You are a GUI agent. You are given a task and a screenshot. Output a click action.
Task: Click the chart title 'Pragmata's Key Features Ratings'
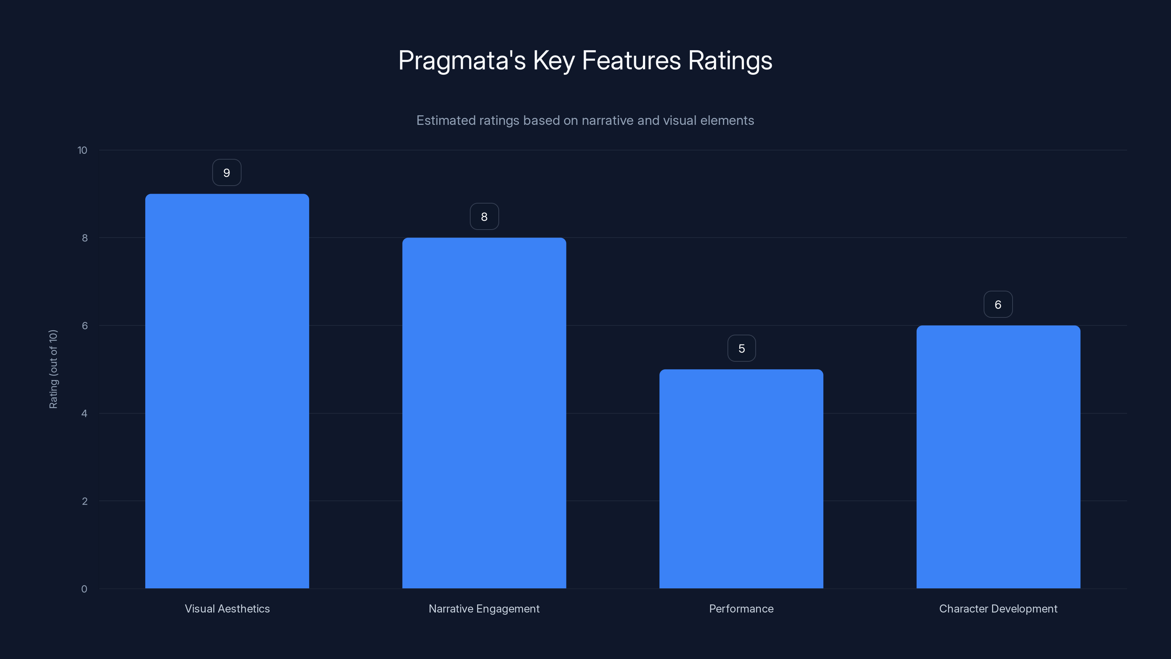585,60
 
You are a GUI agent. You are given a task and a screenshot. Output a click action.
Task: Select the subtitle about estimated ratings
585,120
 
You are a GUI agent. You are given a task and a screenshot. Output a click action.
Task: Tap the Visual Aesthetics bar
227,391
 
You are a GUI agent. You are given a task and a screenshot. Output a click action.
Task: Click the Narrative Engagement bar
484,413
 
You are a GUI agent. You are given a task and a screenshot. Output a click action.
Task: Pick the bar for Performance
741,479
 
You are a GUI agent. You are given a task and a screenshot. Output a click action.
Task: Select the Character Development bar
998,457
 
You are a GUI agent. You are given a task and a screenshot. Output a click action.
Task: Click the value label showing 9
227,173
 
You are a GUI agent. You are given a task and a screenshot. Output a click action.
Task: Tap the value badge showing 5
741,349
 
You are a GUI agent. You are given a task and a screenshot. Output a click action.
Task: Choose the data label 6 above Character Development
998,305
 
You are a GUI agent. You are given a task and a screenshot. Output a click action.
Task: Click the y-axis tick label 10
82,150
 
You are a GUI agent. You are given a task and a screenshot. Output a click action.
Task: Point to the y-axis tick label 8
85,238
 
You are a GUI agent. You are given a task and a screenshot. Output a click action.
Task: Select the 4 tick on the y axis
84,414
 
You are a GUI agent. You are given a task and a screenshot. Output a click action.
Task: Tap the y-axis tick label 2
85,502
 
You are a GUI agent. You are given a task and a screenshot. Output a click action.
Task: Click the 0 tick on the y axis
84,589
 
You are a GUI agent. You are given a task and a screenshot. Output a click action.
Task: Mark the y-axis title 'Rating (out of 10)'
53,369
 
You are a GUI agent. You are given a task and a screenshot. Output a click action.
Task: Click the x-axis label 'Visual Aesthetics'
227,609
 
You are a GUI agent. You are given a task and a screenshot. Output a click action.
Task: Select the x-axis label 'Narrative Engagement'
484,609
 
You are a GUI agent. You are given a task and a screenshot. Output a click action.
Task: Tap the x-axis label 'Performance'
741,609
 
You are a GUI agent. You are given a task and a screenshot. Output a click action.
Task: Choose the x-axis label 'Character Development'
998,609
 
